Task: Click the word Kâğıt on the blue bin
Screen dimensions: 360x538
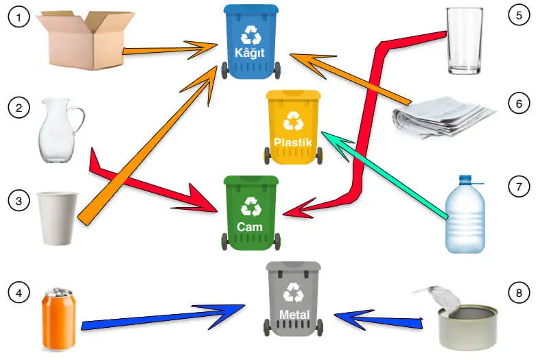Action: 250,52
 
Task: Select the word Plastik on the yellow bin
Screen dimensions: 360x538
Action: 293,143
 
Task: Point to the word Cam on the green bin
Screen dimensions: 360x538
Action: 250,226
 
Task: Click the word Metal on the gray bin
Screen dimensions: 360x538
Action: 294,315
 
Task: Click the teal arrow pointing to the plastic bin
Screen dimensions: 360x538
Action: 384,176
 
